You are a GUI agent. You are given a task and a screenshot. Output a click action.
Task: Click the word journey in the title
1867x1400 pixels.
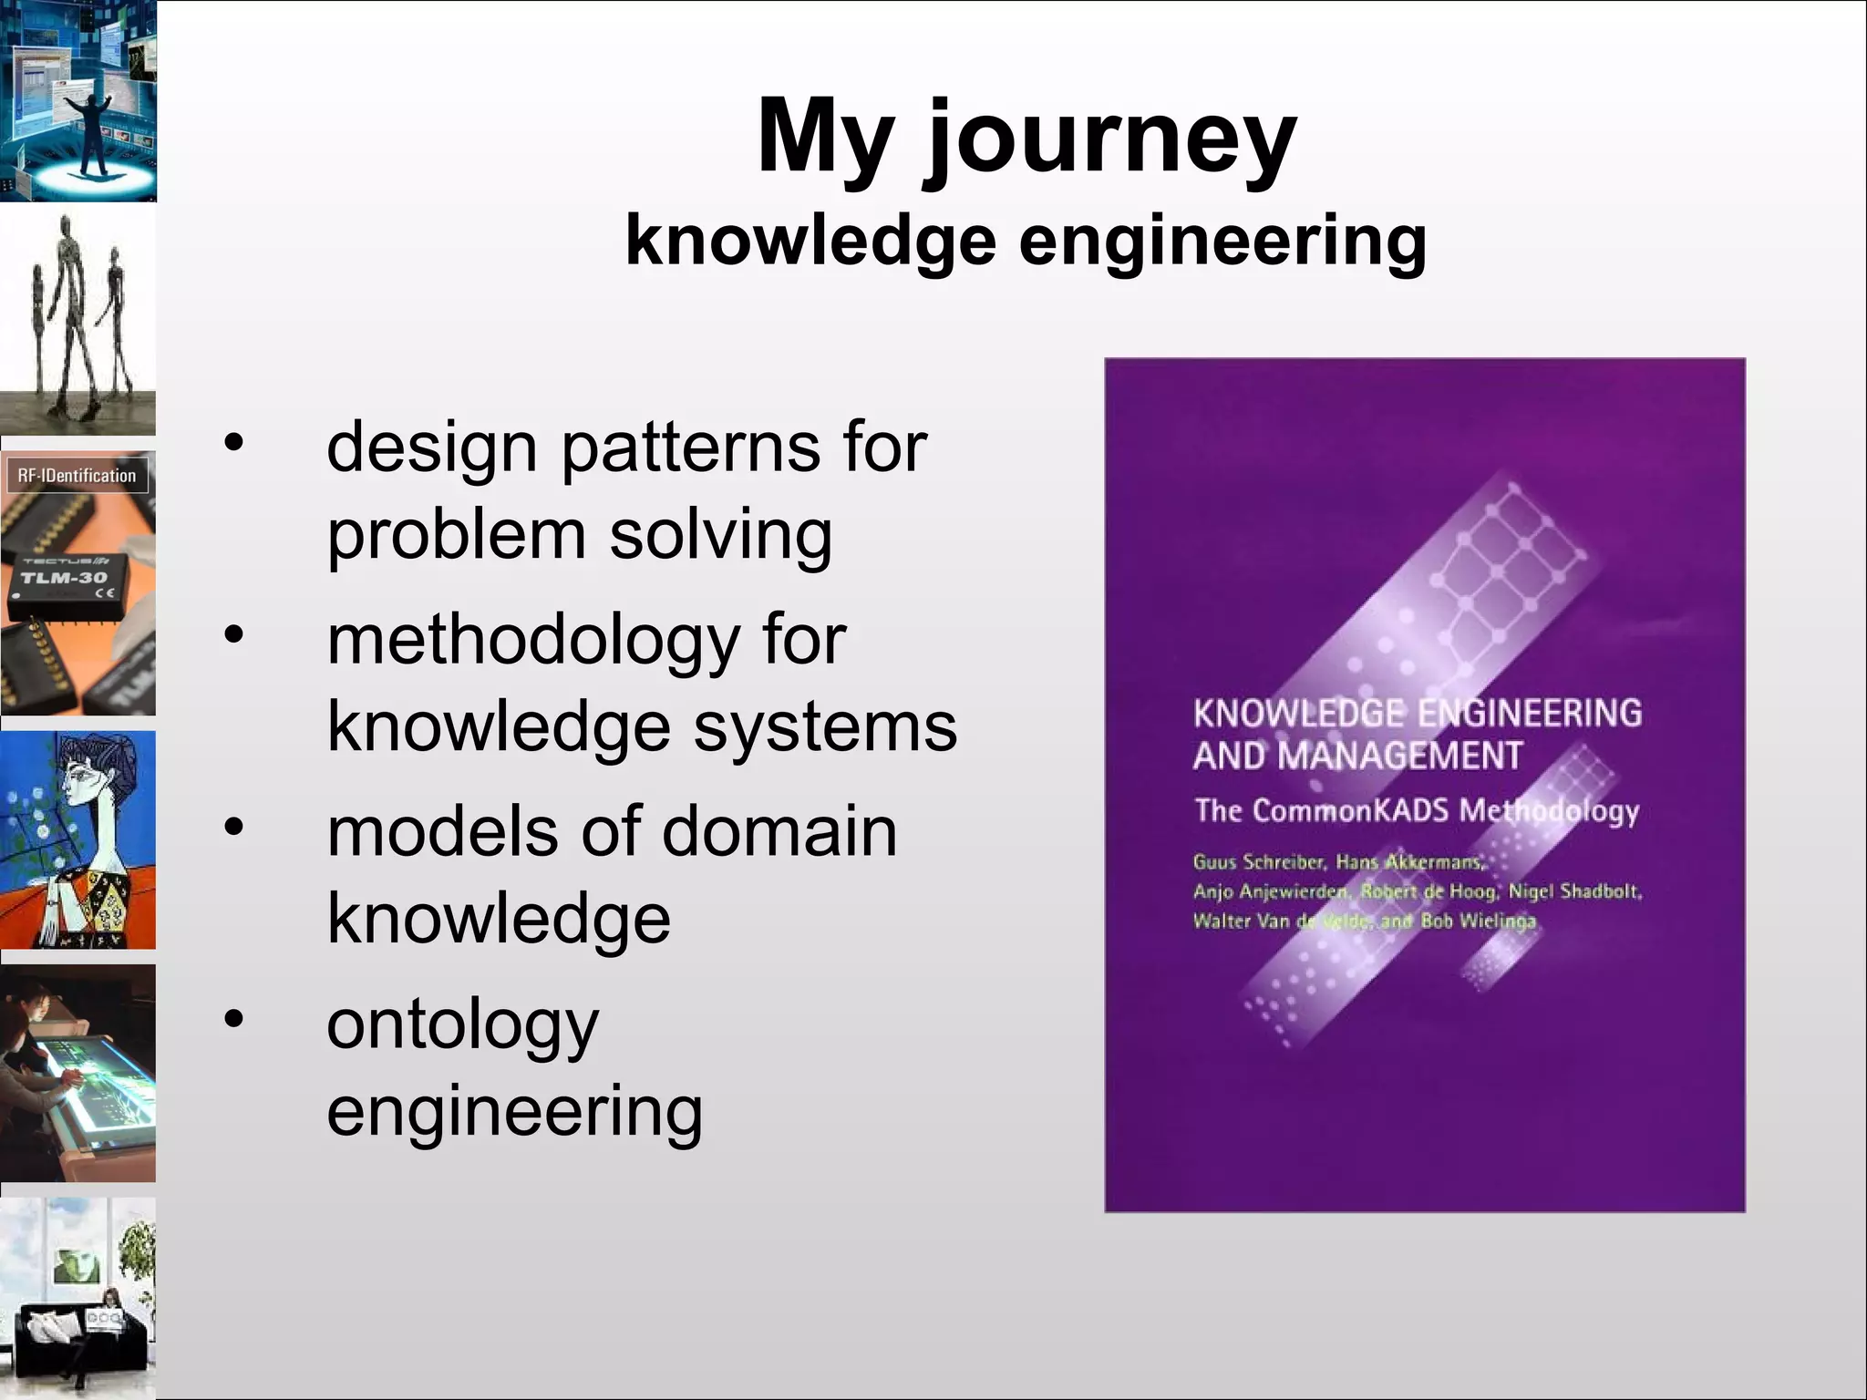coord(1110,139)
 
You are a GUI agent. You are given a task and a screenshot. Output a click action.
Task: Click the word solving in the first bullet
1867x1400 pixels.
coord(720,535)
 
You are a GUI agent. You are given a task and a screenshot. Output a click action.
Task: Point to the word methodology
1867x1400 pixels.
coord(532,641)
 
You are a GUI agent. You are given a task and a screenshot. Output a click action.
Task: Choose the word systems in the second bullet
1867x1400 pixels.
coord(825,727)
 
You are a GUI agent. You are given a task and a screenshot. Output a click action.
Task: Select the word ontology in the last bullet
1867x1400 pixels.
coord(462,1025)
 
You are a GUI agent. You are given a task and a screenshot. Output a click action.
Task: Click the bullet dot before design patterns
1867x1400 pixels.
coord(234,442)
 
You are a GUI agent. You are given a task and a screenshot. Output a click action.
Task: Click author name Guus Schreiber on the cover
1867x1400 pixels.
coord(1258,861)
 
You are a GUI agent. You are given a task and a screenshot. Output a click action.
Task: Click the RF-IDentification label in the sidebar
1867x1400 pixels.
coord(77,476)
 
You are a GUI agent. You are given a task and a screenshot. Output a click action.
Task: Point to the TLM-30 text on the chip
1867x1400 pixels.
coord(64,578)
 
